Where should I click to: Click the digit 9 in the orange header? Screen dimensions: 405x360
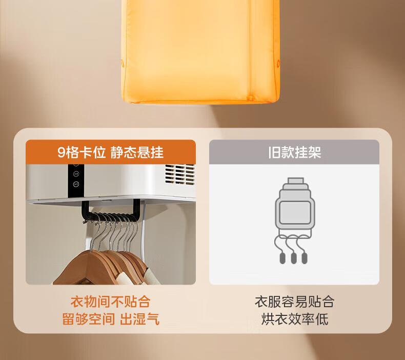point(62,152)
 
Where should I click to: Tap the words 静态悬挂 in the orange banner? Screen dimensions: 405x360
point(137,152)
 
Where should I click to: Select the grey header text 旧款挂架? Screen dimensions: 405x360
point(294,152)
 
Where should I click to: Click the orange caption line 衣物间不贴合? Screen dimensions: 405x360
point(110,302)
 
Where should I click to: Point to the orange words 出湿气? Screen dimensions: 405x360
point(139,319)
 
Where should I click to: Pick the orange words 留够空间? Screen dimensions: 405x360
point(88,319)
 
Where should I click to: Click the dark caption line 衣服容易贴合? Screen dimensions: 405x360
point(294,302)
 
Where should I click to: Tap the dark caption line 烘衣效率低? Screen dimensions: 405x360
point(294,319)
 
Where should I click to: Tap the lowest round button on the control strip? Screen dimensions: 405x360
point(76,184)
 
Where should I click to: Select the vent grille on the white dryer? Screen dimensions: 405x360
point(180,174)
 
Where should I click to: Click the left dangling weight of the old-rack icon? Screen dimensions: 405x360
point(282,258)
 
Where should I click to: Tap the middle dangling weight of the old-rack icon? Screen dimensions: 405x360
point(294,258)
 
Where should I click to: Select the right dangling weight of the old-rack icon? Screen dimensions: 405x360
point(305,258)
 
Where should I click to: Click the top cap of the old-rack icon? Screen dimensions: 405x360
point(296,181)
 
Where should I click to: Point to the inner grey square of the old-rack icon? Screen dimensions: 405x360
point(295,212)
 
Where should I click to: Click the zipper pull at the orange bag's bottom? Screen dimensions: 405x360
point(250,97)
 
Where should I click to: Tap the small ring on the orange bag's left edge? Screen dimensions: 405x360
point(122,63)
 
